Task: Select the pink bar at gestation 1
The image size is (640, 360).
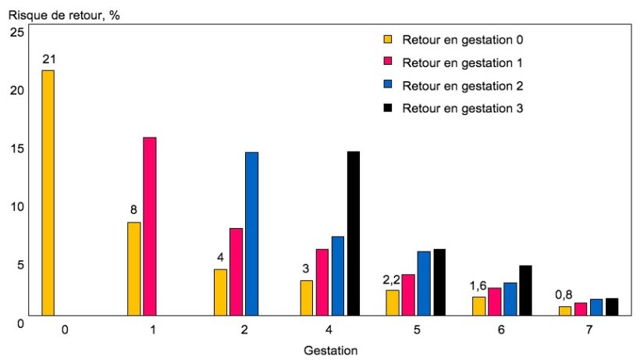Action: (150, 226)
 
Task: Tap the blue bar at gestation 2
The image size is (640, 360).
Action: (251, 233)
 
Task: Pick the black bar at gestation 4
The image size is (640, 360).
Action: (354, 233)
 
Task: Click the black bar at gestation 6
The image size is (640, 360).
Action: (525, 290)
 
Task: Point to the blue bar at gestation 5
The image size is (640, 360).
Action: (424, 283)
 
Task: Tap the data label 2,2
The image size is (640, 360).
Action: (391, 280)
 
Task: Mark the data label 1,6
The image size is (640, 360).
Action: (478, 286)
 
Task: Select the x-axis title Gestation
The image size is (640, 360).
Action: (330, 350)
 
